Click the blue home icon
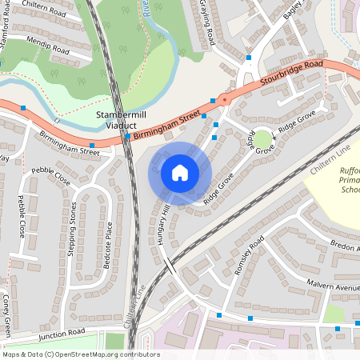[180, 173]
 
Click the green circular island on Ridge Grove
[263, 141]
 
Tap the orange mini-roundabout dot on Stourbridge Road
[224, 100]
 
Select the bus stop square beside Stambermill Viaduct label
[128, 137]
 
